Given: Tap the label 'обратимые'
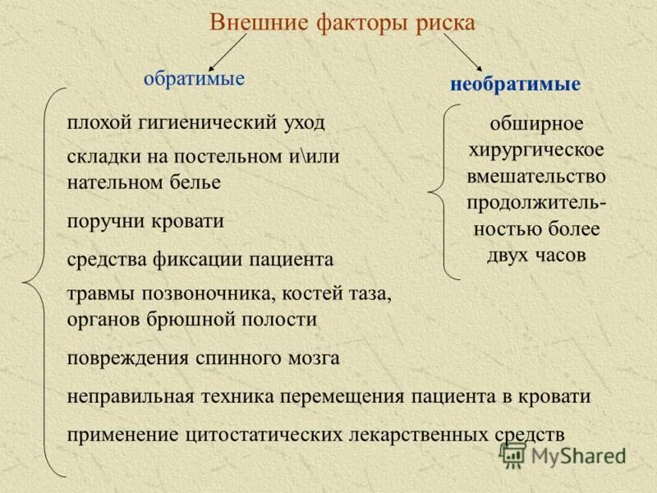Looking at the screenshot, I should tap(194, 79).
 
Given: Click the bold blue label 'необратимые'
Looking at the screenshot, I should tap(516, 84).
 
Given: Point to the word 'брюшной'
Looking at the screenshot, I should tap(191, 318).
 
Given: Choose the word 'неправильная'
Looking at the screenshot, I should tap(131, 396).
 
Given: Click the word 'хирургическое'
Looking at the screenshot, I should tap(536, 150).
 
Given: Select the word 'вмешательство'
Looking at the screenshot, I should tap(536, 176).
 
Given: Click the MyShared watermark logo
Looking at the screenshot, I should tap(564, 454).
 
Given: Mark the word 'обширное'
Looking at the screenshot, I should tap(536, 124).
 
